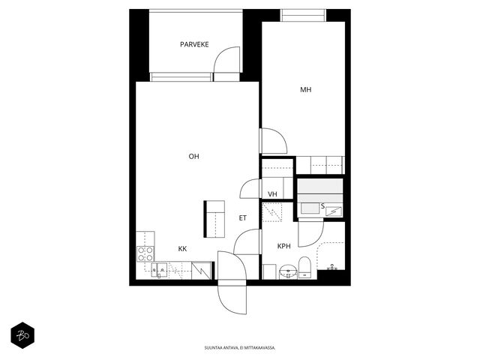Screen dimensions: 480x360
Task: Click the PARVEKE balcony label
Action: point(194,44)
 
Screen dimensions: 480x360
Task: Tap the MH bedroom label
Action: point(305,90)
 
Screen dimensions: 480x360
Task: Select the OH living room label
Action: point(193,157)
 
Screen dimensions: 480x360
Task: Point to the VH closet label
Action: point(272,194)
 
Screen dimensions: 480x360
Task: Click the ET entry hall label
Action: point(242,218)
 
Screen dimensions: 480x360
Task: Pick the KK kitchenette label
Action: point(182,248)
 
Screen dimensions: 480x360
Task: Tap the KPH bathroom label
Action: point(283,246)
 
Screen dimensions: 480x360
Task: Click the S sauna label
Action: point(322,206)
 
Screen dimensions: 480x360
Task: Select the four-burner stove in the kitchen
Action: point(145,254)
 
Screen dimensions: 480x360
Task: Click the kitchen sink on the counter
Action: point(159,270)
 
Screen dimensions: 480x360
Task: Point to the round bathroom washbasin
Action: point(288,271)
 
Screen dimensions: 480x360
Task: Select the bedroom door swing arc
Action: point(280,136)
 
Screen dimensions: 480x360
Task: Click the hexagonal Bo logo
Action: point(22,335)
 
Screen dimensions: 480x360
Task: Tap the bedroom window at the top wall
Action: point(303,15)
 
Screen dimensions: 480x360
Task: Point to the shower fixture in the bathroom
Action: point(332,268)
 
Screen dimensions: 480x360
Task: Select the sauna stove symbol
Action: point(334,211)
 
